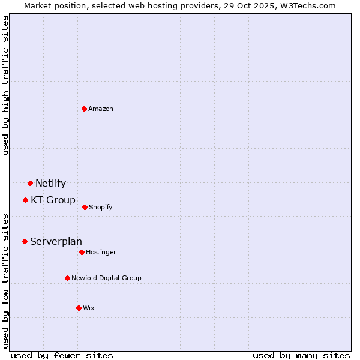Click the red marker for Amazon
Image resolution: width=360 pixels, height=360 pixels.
coord(85,109)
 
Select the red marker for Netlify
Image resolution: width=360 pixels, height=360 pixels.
coord(30,183)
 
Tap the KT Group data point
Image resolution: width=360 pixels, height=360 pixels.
coord(25,200)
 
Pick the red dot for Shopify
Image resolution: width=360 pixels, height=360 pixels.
coord(85,207)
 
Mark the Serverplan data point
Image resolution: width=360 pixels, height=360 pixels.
coord(25,241)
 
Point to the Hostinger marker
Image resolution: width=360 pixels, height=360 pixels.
coord(82,252)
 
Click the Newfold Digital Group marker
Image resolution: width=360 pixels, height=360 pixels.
coord(67,278)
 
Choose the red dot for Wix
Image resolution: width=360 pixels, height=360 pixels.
coord(79,308)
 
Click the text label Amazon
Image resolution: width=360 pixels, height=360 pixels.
coord(101,109)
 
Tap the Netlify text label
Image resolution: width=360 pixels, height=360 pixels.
coord(50,183)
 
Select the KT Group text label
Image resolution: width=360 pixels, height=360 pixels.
coord(53,200)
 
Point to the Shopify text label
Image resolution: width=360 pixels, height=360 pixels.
coord(101,207)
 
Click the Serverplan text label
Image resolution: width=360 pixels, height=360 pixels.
coord(56,241)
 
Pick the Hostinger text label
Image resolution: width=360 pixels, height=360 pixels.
coord(101,252)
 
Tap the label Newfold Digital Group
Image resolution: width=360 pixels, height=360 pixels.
coord(106,278)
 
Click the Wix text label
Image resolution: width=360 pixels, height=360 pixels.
coord(89,308)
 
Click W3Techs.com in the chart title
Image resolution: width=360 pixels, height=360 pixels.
coord(307,5)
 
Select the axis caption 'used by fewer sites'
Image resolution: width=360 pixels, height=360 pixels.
coord(62,355)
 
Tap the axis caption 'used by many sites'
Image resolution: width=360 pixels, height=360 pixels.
coord(301,355)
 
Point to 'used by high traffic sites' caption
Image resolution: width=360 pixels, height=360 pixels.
coord(5,85)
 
